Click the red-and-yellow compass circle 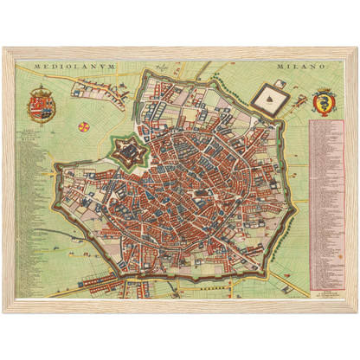tap(84, 127)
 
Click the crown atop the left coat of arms tap(41, 89)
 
